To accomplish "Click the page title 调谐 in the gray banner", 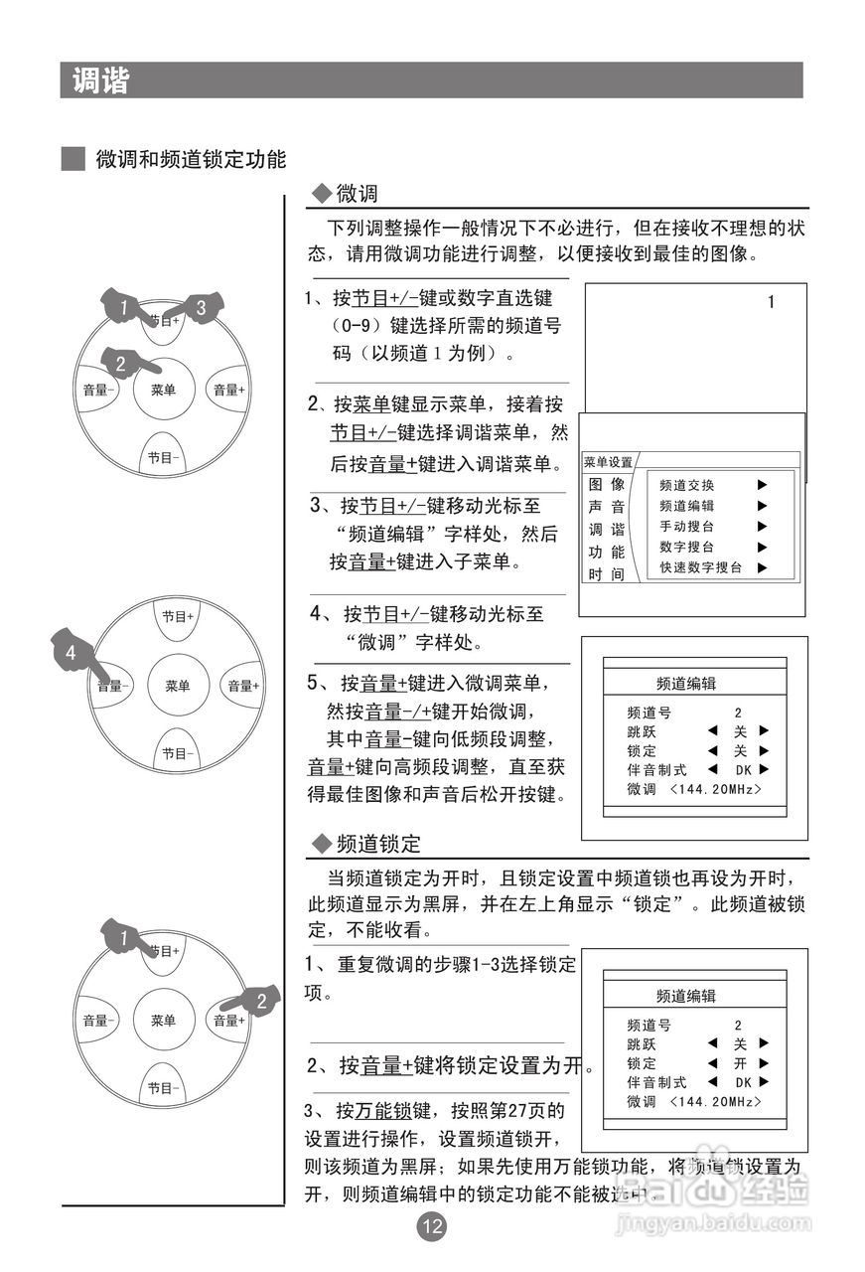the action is point(100,80).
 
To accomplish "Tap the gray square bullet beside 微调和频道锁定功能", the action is point(72,159).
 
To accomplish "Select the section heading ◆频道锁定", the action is point(366,845).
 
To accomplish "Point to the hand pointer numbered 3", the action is point(201,308).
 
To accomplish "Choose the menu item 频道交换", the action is point(686,486).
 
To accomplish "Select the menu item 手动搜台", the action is point(686,527).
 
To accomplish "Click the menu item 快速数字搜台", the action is point(700,567).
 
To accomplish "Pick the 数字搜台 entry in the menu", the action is point(686,547).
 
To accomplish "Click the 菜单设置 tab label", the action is point(608,463).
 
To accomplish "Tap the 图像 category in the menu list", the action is point(607,485).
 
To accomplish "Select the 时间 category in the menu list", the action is point(607,574).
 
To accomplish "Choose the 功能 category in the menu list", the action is point(607,553).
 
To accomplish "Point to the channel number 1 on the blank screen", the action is point(771,303).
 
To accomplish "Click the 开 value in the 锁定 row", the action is point(739,1063).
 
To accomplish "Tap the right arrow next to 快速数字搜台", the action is point(762,567).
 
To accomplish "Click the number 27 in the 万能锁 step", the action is point(510,1110).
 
